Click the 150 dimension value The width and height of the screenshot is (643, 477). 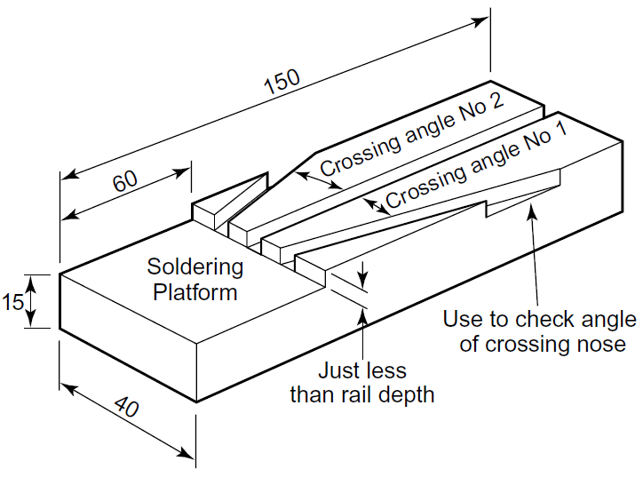click(x=282, y=82)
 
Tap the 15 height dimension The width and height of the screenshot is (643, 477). click(x=12, y=302)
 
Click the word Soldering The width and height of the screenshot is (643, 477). click(x=194, y=266)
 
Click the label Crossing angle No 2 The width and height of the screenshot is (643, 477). click(x=411, y=134)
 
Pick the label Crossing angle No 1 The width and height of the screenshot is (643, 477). click(x=475, y=166)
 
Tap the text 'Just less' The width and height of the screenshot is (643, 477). click(x=361, y=370)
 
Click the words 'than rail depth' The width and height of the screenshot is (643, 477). click(x=361, y=394)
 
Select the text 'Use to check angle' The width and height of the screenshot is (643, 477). click(x=539, y=320)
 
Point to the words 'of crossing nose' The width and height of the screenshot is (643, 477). click(x=542, y=344)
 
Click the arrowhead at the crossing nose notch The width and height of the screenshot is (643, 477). click(x=530, y=209)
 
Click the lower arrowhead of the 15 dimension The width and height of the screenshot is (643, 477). click(x=31, y=322)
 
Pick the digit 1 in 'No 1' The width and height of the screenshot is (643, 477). click(x=560, y=135)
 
